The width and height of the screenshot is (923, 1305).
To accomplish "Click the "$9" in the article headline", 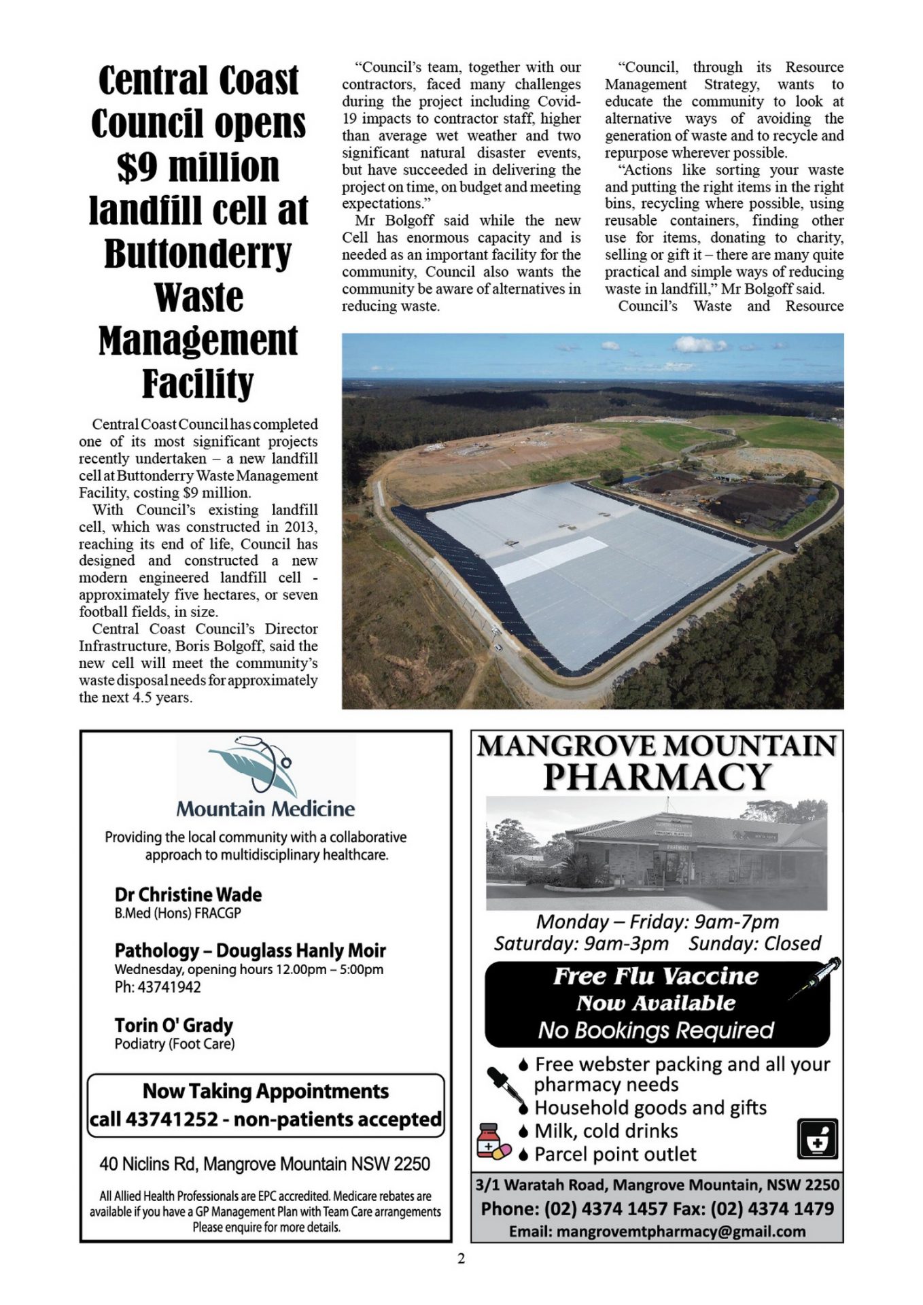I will point(136,168).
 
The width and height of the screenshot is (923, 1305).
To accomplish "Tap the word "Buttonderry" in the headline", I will point(198,254).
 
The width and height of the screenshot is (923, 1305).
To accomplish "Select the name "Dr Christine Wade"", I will point(188,894).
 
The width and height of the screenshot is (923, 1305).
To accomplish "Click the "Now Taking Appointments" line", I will point(266,1091).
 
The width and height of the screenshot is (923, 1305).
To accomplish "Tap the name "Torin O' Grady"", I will point(173,1025).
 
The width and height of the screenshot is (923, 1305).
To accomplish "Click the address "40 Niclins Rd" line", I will point(264,1164).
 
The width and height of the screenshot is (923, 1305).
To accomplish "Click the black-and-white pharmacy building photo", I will point(657,854).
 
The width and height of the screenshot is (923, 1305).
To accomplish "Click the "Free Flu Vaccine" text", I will point(655,976).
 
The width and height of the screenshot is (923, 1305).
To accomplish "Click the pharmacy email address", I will point(657,1232).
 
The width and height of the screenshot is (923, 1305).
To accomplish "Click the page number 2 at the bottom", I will point(461,1259).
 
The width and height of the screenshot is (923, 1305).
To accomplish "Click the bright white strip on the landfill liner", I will point(549,561).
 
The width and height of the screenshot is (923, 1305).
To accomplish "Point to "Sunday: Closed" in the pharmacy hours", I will point(754,943).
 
